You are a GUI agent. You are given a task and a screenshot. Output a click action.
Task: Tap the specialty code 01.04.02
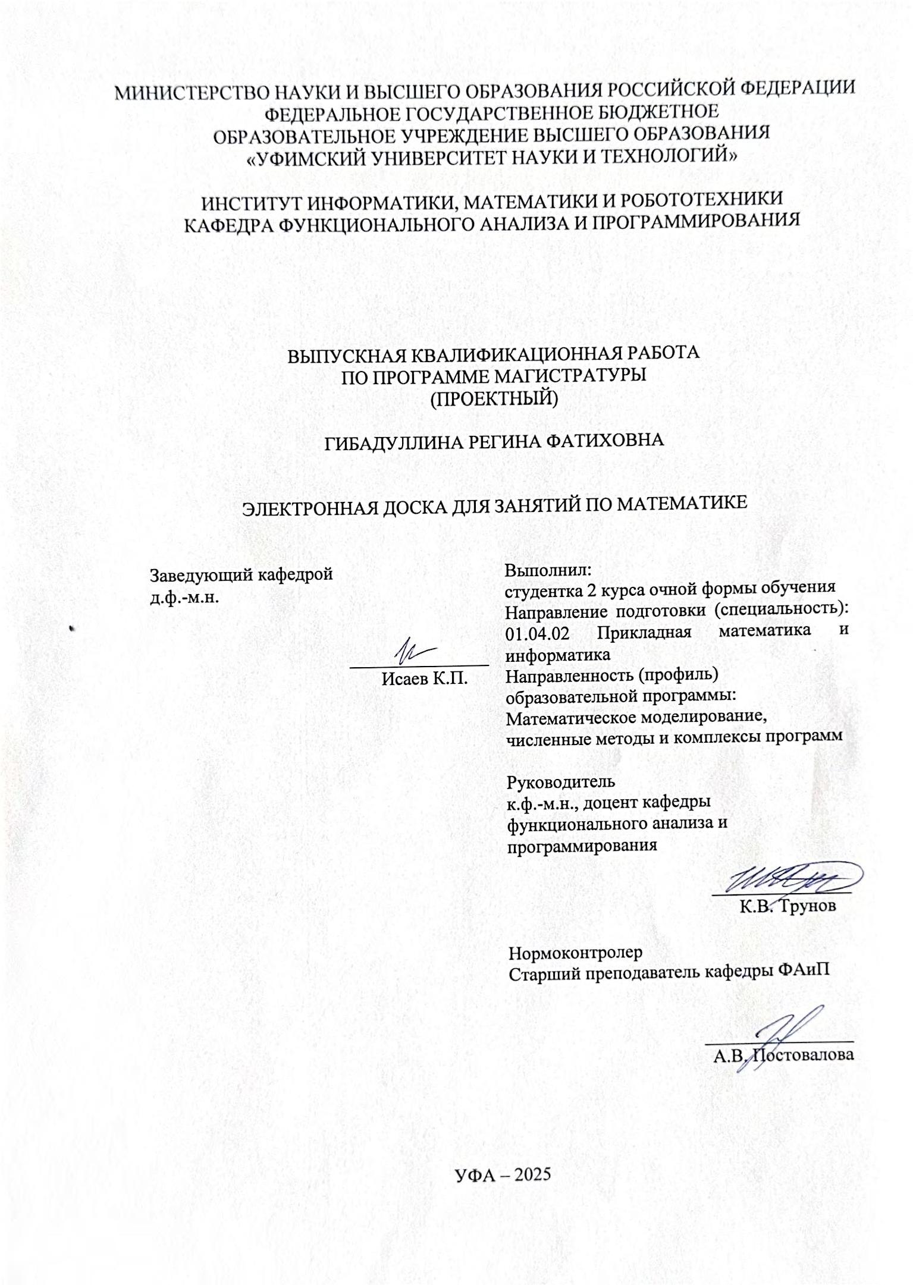[x=537, y=633]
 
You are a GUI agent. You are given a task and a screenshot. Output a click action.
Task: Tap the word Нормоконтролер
[x=576, y=953]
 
